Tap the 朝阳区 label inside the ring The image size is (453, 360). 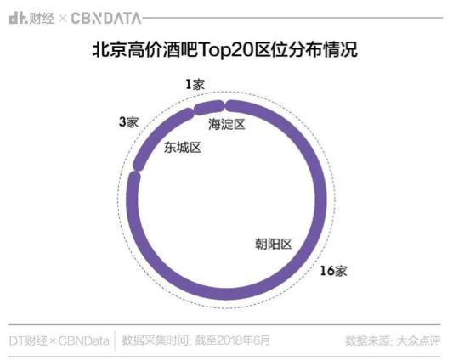click(x=273, y=244)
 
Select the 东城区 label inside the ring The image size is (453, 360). click(x=182, y=148)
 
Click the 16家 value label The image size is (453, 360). click(x=333, y=271)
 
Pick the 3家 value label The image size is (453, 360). click(x=128, y=122)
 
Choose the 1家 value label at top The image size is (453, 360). click(x=195, y=84)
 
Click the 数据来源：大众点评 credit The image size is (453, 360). click(x=393, y=340)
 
